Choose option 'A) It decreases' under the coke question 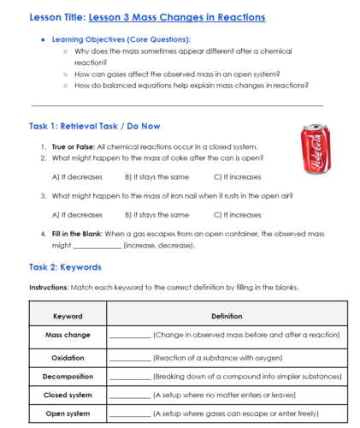[77, 177]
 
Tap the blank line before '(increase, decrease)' [97, 246]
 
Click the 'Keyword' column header [68, 316]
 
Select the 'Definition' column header [227, 316]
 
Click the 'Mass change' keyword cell [68, 335]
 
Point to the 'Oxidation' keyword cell [68, 357]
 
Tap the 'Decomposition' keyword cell [68, 376]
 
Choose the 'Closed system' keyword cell [68, 395]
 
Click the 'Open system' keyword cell [68, 413]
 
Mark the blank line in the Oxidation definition [130, 359]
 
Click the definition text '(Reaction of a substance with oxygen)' [217, 357]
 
